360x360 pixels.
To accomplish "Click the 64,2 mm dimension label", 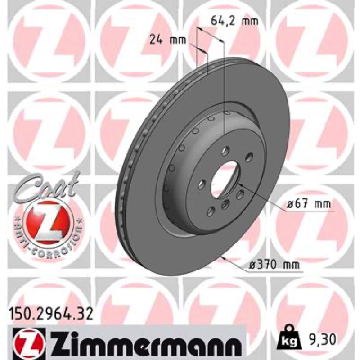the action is tap(234, 22).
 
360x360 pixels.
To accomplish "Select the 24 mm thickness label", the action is tap(167, 40).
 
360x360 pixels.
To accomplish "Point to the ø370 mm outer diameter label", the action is tap(274, 265).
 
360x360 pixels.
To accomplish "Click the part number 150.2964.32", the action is tap(51, 314).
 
